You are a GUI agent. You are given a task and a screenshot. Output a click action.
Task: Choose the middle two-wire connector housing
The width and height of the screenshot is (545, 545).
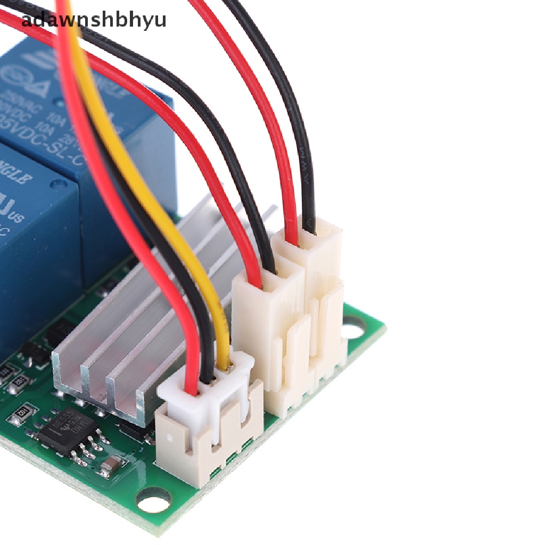pyautogui.click(x=266, y=319)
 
